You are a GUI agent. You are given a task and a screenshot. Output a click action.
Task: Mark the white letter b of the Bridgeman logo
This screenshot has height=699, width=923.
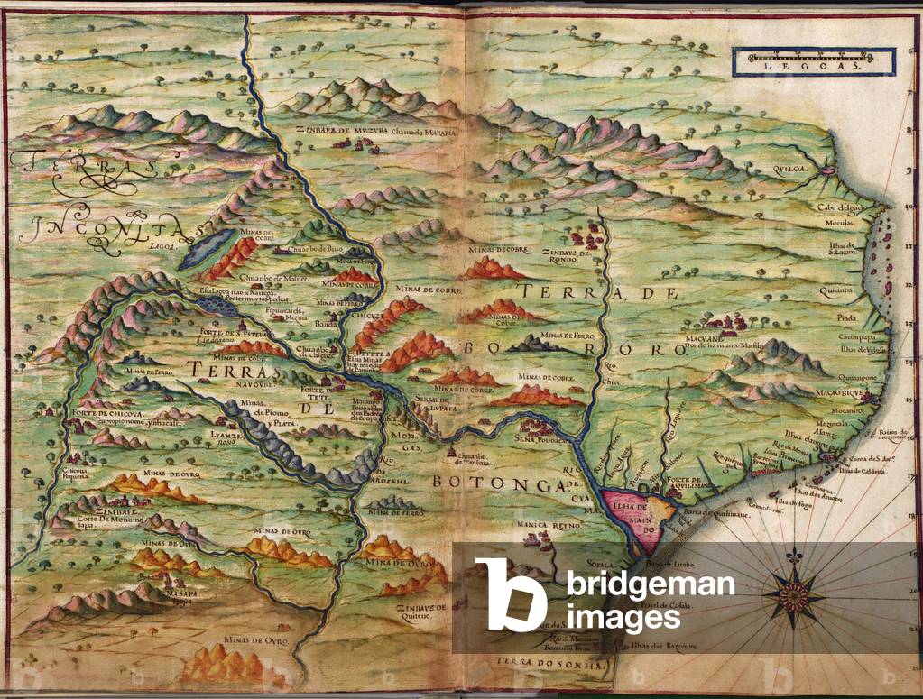click(x=511, y=594)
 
